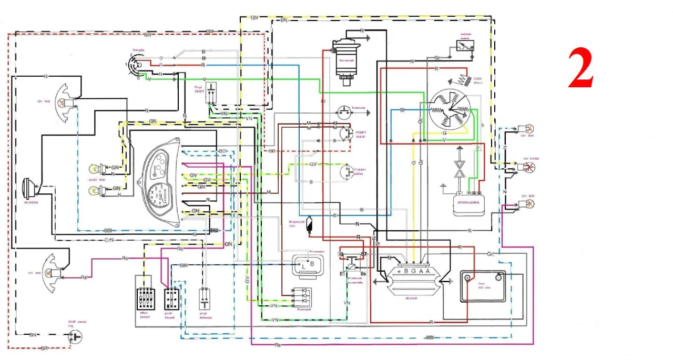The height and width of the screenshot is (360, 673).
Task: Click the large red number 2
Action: [x=581, y=68]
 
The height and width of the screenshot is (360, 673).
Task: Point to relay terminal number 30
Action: [x=341, y=255]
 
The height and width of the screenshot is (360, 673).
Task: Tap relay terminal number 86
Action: [x=363, y=274]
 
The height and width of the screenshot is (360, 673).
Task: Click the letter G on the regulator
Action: [x=413, y=271]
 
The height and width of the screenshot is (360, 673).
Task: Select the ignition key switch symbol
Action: [x=134, y=66]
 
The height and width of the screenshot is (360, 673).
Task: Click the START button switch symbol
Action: [x=211, y=94]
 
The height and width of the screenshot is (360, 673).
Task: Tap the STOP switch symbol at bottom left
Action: [x=76, y=336]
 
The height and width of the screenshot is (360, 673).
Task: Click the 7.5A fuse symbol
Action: [x=309, y=225]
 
